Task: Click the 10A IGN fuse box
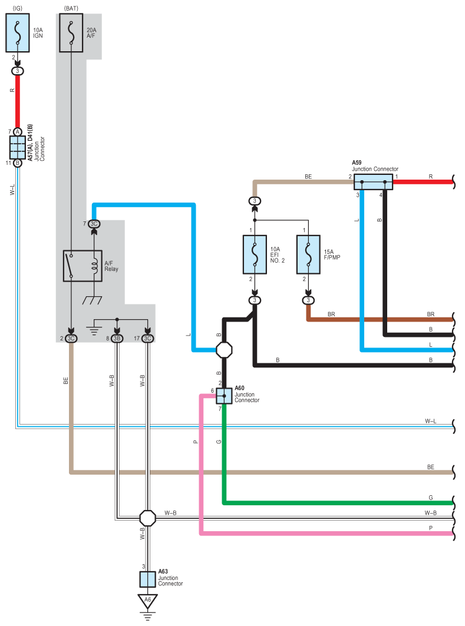click(18, 33)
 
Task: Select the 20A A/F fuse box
click(71, 33)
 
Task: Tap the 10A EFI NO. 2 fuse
click(255, 254)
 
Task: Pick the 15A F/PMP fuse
click(308, 254)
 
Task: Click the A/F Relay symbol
click(83, 266)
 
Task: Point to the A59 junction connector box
click(373, 182)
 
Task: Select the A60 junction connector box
click(224, 396)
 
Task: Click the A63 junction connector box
click(147, 579)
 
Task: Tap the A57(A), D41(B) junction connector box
click(18, 147)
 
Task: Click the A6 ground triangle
click(147, 601)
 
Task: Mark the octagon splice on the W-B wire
click(147, 518)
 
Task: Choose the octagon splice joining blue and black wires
click(224, 350)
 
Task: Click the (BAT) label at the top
click(71, 8)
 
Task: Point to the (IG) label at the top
click(18, 8)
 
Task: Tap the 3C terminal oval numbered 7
click(94, 224)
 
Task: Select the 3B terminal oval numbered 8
click(117, 339)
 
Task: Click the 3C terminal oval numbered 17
click(147, 339)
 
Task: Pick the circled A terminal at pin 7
click(18, 132)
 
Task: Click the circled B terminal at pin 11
click(18, 163)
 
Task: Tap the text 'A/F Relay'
click(111, 266)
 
